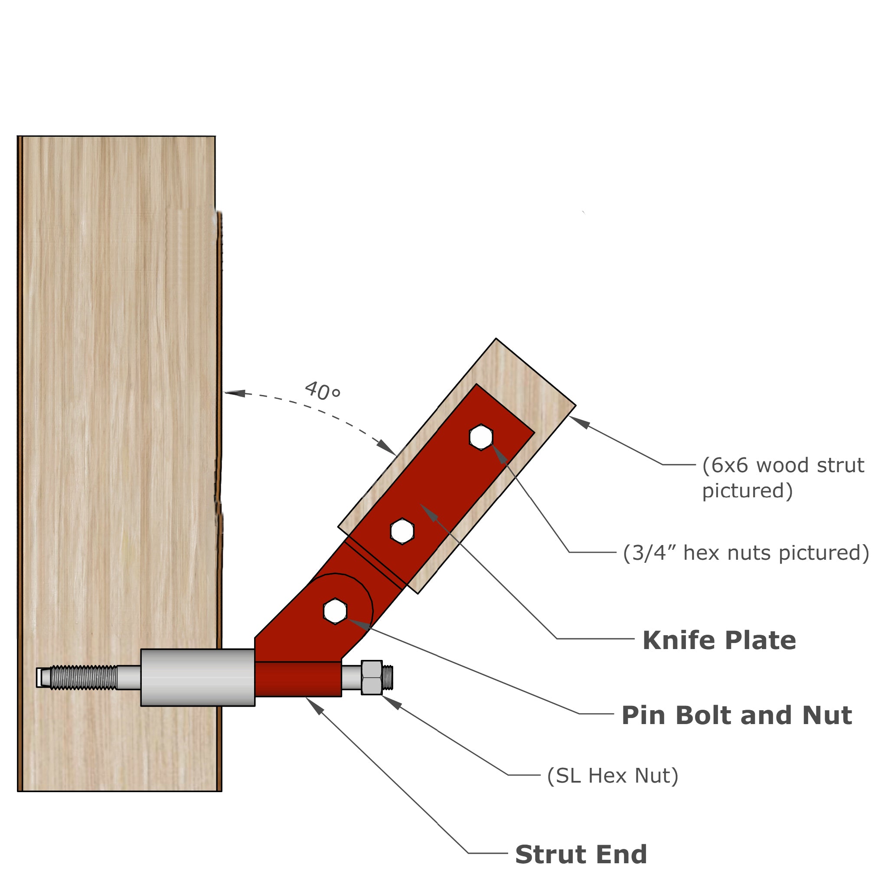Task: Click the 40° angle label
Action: pos(322,391)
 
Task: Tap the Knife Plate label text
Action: pos(719,640)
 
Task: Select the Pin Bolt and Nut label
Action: pos(737,715)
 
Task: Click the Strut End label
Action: pos(581,854)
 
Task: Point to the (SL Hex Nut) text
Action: pos(613,776)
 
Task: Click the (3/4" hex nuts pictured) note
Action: pos(746,553)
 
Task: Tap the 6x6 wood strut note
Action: pos(783,478)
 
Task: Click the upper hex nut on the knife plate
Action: pos(481,437)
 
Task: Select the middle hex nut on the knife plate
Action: pos(402,531)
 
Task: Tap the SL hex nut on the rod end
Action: pos(372,678)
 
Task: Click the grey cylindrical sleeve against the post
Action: pos(198,678)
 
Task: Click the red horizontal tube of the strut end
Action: pos(298,679)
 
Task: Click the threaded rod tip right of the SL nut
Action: pos(388,677)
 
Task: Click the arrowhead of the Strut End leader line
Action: pos(314,706)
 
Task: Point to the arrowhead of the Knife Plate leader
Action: pos(429,512)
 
